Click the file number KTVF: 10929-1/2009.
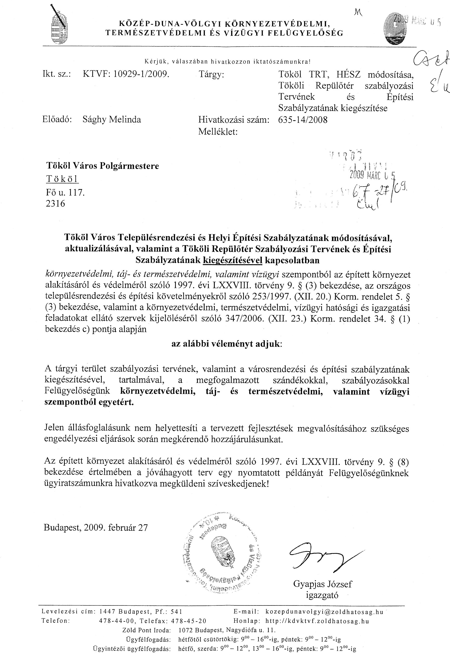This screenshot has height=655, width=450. pyautogui.click(x=126, y=74)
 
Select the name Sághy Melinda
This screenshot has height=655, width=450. pyautogui.click(x=111, y=119)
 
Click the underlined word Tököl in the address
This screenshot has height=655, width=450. pyautogui.click(x=62, y=179)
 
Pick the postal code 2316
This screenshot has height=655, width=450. pyautogui.click(x=55, y=204)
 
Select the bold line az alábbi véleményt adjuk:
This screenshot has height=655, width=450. pyautogui.click(x=227, y=344)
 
